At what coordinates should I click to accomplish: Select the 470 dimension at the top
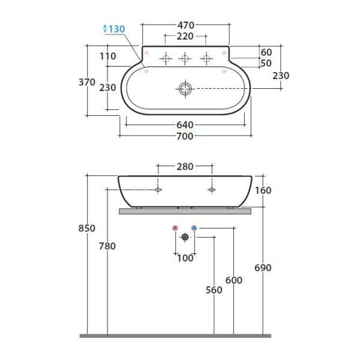pyautogui.click(x=186, y=25)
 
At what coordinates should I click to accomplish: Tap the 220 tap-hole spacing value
pyautogui.click(x=185, y=36)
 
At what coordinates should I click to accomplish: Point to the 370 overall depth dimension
pyautogui.click(x=87, y=82)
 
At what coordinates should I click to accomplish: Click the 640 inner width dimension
pyautogui.click(x=185, y=125)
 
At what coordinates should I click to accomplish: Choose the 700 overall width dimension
pyautogui.click(x=185, y=136)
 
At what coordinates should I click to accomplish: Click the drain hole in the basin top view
pyautogui.click(x=185, y=89)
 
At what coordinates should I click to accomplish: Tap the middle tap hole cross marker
pyautogui.click(x=185, y=58)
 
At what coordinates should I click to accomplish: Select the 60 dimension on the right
pyautogui.click(x=266, y=53)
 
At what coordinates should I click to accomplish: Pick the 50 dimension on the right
pyautogui.click(x=266, y=63)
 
